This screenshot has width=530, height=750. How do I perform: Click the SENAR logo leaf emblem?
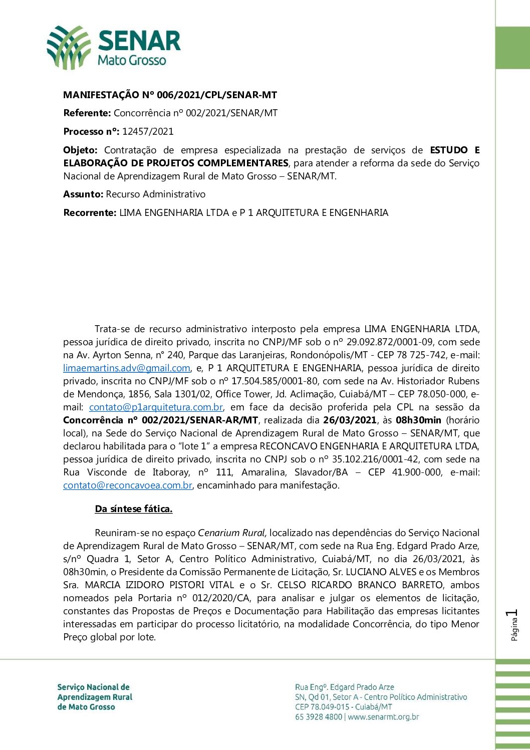(69, 48)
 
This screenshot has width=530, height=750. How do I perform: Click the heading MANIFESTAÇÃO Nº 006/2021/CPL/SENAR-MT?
(170, 95)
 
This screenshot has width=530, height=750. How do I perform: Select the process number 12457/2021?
(148, 132)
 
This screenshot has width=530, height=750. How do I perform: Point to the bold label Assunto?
(83, 194)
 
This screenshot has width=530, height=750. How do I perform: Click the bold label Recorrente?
(90, 213)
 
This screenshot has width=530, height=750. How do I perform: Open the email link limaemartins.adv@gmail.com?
(126, 368)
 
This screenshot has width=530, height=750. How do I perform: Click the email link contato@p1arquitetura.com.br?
(156, 407)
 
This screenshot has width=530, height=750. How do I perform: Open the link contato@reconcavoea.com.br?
(128, 485)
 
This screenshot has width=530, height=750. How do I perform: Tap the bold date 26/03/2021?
(350, 420)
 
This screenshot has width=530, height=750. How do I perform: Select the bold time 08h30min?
(418, 420)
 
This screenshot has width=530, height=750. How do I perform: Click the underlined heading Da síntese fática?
(134, 509)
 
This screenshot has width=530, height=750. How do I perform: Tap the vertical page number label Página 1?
(512, 625)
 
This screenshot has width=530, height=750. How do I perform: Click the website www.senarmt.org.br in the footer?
(383, 717)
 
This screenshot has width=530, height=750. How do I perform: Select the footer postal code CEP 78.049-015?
(322, 707)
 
